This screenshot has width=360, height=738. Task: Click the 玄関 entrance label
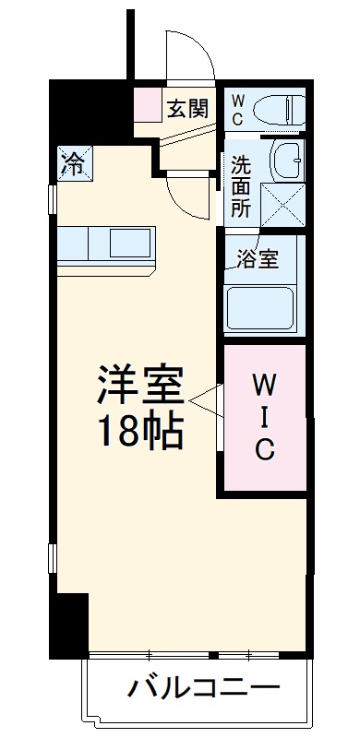(187, 109)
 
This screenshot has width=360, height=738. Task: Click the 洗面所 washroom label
(241, 187)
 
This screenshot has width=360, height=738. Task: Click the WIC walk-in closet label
(264, 415)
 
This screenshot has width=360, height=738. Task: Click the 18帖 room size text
(141, 431)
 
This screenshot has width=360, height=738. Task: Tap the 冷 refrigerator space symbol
(70, 162)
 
